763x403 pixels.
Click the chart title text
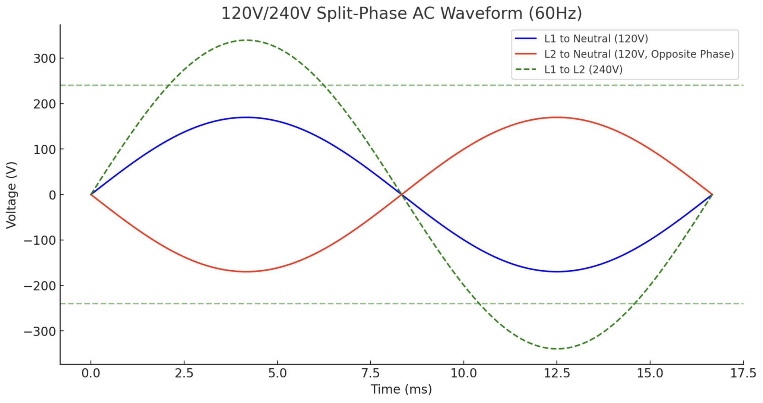point(401,13)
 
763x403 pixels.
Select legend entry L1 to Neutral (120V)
point(596,38)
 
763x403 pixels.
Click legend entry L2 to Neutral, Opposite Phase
point(639,54)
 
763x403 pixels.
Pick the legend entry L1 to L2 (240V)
point(583,69)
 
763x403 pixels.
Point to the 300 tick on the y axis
point(44,59)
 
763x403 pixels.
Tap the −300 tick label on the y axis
point(39,331)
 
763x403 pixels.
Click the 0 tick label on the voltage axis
point(52,195)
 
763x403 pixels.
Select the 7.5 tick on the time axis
point(370,373)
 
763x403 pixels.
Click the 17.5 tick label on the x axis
point(743,373)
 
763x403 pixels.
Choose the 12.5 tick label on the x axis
point(557,373)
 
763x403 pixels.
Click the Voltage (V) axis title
point(11,195)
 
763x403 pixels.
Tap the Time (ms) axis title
point(401,389)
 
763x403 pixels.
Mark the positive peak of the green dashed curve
point(246,40)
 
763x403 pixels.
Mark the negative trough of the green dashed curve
point(557,349)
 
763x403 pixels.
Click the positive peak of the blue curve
point(246,117)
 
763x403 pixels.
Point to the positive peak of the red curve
point(557,117)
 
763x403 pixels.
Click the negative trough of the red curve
point(246,272)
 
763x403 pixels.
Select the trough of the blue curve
point(557,272)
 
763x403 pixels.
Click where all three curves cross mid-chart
point(402,195)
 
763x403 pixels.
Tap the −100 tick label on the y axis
point(39,240)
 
